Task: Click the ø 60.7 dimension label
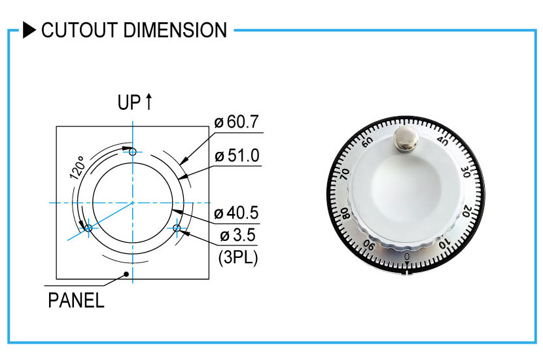(x=236, y=122)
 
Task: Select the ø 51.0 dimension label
(x=236, y=156)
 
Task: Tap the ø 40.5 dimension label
(x=236, y=213)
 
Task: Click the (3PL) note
(x=237, y=258)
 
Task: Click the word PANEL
(x=76, y=301)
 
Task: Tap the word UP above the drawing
(x=129, y=103)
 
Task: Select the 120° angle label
(x=77, y=168)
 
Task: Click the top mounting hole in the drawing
(x=133, y=152)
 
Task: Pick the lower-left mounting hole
(x=88, y=228)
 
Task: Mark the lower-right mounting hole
(x=177, y=228)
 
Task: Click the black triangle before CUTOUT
(x=29, y=30)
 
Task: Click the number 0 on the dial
(x=407, y=256)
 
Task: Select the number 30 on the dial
(x=466, y=172)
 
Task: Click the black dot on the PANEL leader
(x=126, y=274)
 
